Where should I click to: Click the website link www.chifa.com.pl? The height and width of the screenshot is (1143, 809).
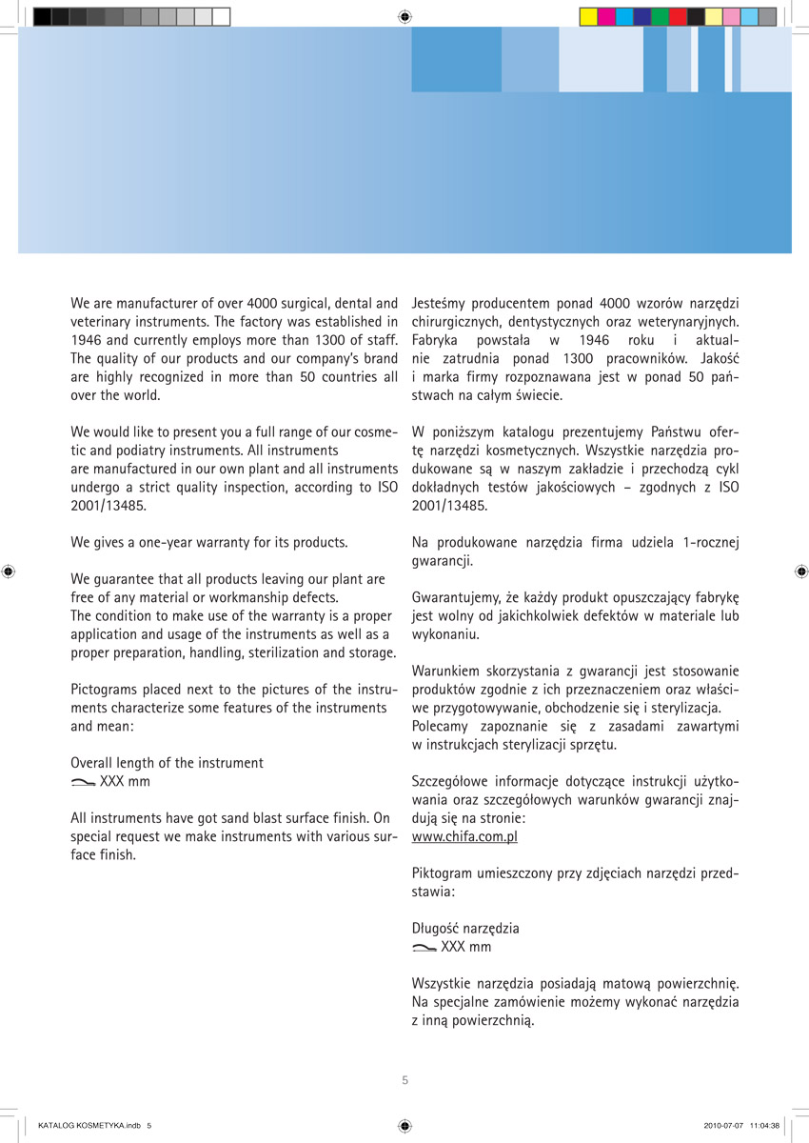(464, 836)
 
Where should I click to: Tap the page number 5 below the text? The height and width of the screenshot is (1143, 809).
(404, 1080)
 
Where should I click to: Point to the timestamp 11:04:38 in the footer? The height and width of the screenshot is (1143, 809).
(764, 1125)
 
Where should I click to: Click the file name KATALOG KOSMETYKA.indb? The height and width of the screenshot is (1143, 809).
(89, 1125)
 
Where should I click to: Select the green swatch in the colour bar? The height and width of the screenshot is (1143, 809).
(660, 16)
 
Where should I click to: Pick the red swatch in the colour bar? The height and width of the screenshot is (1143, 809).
(678, 16)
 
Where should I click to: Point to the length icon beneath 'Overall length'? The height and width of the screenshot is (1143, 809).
(83, 782)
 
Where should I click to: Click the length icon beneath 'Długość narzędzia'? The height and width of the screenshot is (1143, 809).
(424, 948)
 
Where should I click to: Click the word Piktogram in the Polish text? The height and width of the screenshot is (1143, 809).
(442, 873)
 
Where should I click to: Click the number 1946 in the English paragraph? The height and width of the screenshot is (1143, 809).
(88, 340)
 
